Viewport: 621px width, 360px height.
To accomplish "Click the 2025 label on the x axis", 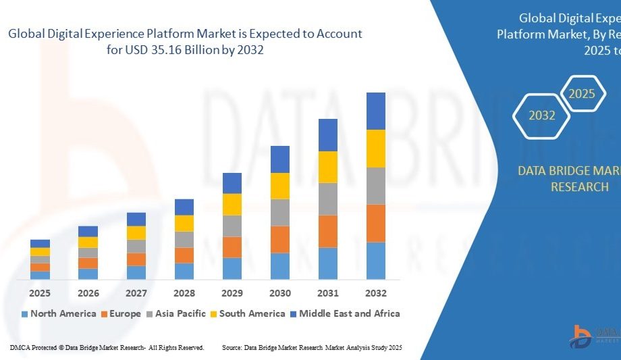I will (40, 293).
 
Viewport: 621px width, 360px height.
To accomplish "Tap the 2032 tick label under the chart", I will (376, 293).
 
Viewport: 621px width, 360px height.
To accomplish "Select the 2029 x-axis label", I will (232, 293).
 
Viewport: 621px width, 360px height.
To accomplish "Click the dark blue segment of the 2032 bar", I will (376, 111).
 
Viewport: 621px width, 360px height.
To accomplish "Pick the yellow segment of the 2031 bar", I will (328, 167).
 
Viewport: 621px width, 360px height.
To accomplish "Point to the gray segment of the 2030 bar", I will (280, 212).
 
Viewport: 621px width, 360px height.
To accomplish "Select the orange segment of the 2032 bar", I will (376, 223).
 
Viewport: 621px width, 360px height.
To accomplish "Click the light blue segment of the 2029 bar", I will (232, 268).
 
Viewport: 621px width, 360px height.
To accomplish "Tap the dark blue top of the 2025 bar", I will (40, 244).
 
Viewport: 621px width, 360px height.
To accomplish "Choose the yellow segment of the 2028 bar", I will (184, 224).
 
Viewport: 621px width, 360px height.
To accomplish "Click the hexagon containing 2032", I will (541, 115).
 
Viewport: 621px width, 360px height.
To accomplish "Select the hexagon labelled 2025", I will (581, 94).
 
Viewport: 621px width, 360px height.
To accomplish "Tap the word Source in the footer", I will (233, 347).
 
